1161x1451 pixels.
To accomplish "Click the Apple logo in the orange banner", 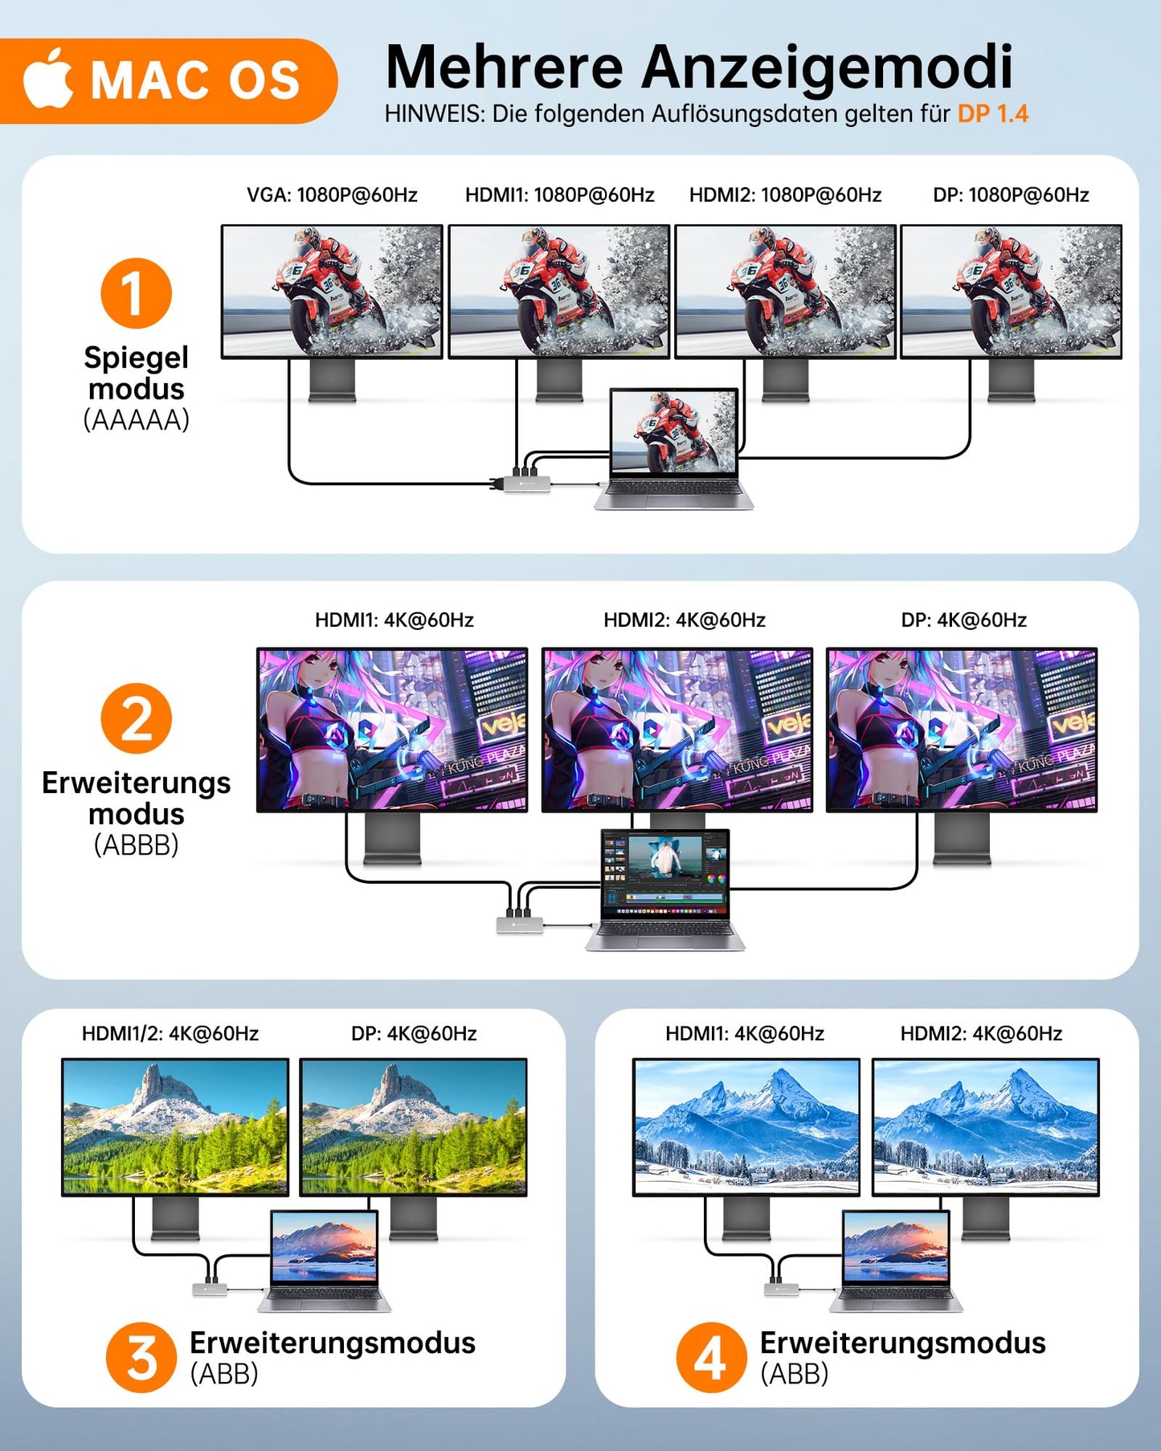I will pyautogui.click(x=48, y=79).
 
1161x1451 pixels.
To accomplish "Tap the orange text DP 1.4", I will pyautogui.click(x=992, y=114).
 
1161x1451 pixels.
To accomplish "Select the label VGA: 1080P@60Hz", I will pyautogui.click(x=332, y=195).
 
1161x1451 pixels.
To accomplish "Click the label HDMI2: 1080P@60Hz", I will pyautogui.click(x=785, y=195).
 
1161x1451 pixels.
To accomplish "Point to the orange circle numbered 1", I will pyautogui.click(x=136, y=293).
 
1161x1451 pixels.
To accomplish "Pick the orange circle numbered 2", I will pyautogui.click(x=136, y=718).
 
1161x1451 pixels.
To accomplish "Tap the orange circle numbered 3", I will pyautogui.click(x=141, y=1358).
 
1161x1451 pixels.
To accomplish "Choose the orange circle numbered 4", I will pyautogui.click(x=711, y=1358).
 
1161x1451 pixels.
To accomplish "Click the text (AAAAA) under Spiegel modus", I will pyautogui.click(x=136, y=420).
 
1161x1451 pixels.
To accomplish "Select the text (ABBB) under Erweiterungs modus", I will pyautogui.click(x=136, y=845).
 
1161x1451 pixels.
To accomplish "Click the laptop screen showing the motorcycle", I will pyautogui.click(x=673, y=432).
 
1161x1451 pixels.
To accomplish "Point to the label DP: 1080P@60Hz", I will pyautogui.click(x=1011, y=195).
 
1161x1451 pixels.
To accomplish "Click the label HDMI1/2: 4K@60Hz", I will pyautogui.click(x=170, y=1033).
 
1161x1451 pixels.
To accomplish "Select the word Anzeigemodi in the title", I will pyautogui.click(x=827, y=67).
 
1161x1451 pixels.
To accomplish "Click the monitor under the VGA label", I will pyautogui.click(x=332, y=291).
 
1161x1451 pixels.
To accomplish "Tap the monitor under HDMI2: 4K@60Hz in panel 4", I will pyautogui.click(x=985, y=1126).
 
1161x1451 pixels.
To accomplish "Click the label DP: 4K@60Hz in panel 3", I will pyautogui.click(x=414, y=1033).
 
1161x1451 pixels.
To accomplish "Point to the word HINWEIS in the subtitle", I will pyautogui.click(x=434, y=114).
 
